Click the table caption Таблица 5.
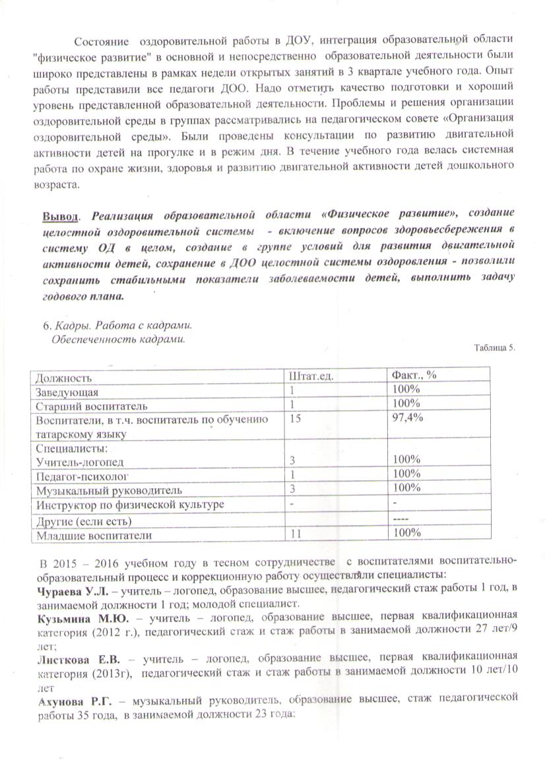[495, 348]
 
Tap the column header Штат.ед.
[310, 376]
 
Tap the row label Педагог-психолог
[82, 476]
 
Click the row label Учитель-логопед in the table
[79, 461]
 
